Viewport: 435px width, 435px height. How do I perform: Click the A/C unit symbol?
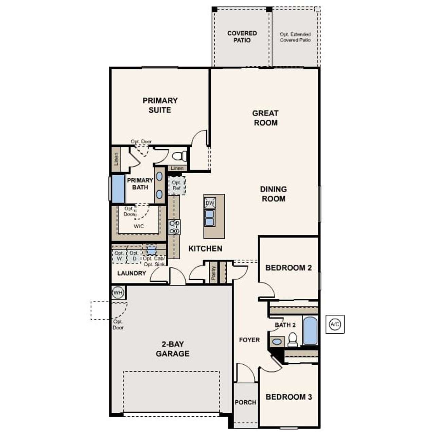point(335,324)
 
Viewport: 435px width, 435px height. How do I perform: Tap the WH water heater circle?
point(118,292)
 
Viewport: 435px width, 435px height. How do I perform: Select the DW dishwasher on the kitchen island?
point(210,203)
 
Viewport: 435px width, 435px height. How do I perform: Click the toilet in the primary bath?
point(179,156)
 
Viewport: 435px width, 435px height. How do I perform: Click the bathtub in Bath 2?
point(310,331)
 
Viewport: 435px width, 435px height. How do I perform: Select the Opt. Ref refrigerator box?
point(177,186)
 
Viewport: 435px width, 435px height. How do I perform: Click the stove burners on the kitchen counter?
point(175,227)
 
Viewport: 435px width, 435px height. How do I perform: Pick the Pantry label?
point(213,273)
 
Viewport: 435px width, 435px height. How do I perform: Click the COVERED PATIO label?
point(242,37)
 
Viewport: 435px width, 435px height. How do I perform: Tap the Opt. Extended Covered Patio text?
point(295,37)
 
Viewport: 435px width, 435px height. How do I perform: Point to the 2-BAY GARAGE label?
point(173,349)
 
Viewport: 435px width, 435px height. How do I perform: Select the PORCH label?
point(245,402)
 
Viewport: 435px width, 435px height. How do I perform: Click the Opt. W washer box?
point(119,256)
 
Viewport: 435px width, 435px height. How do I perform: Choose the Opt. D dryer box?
point(134,256)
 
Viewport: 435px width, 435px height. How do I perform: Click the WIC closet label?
point(139,226)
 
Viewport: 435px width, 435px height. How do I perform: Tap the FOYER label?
point(249,340)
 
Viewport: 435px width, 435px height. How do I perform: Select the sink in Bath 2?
point(277,342)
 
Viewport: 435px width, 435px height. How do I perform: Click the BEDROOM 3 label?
point(289,397)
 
